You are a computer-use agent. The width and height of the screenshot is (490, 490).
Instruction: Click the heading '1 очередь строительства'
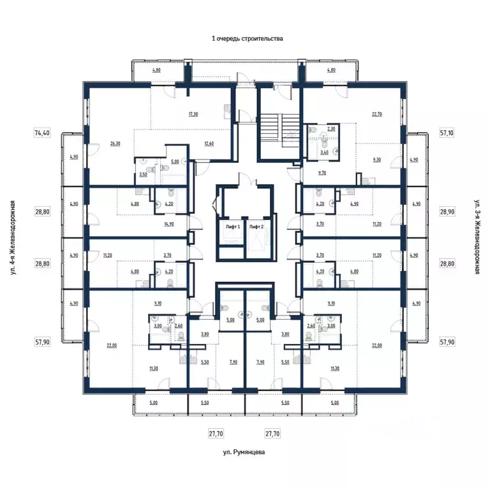point(247,38)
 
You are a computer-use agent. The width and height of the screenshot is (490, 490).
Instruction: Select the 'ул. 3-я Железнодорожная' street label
point(477,237)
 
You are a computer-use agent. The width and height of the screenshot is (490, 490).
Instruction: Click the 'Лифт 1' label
point(232,227)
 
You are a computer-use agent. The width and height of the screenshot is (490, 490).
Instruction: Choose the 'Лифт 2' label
point(256,227)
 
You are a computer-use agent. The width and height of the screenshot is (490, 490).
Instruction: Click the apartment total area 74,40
point(41,133)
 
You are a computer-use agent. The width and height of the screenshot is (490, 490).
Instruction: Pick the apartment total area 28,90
point(447,211)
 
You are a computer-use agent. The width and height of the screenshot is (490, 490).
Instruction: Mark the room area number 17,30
point(194,114)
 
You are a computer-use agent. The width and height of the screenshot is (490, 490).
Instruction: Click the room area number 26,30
point(115,144)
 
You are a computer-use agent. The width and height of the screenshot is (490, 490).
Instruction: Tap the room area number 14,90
point(169,224)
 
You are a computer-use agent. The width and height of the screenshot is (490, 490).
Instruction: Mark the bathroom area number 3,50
point(144,174)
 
